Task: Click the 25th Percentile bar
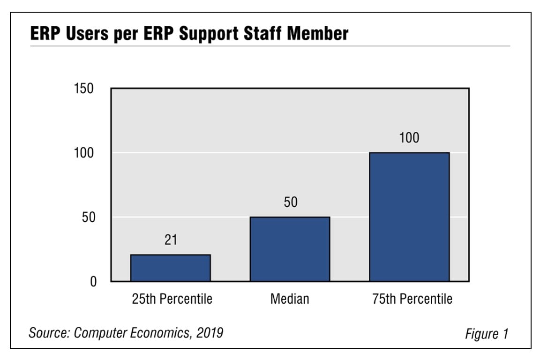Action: pyautogui.click(x=171, y=268)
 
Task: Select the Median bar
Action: pyautogui.click(x=290, y=249)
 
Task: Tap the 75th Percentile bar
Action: pyautogui.click(x=409, y=217)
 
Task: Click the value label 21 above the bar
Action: pyautogui.click(x=171, y=240)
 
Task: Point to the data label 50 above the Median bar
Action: pyautogui.click(x=290, y=202)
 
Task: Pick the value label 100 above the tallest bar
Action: pyautogui.click(x=409, y=138)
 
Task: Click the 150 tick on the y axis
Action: pyautogui.click(x=84, y=89)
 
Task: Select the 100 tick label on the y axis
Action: pyautogui.click(x=84, y=153)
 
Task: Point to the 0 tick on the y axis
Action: pyautogui.click(x=93, y=282)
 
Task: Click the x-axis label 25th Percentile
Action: pyautogui.click(x=172, y=299)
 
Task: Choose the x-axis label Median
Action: pyautogui.click(x=290, y=299)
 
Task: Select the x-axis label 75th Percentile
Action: pyautogui.click(x=412, y=299)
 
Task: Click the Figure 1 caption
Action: pyautogui.click(x=487, y=334)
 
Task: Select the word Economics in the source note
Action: pyautogui.click(x=159, y=333)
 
